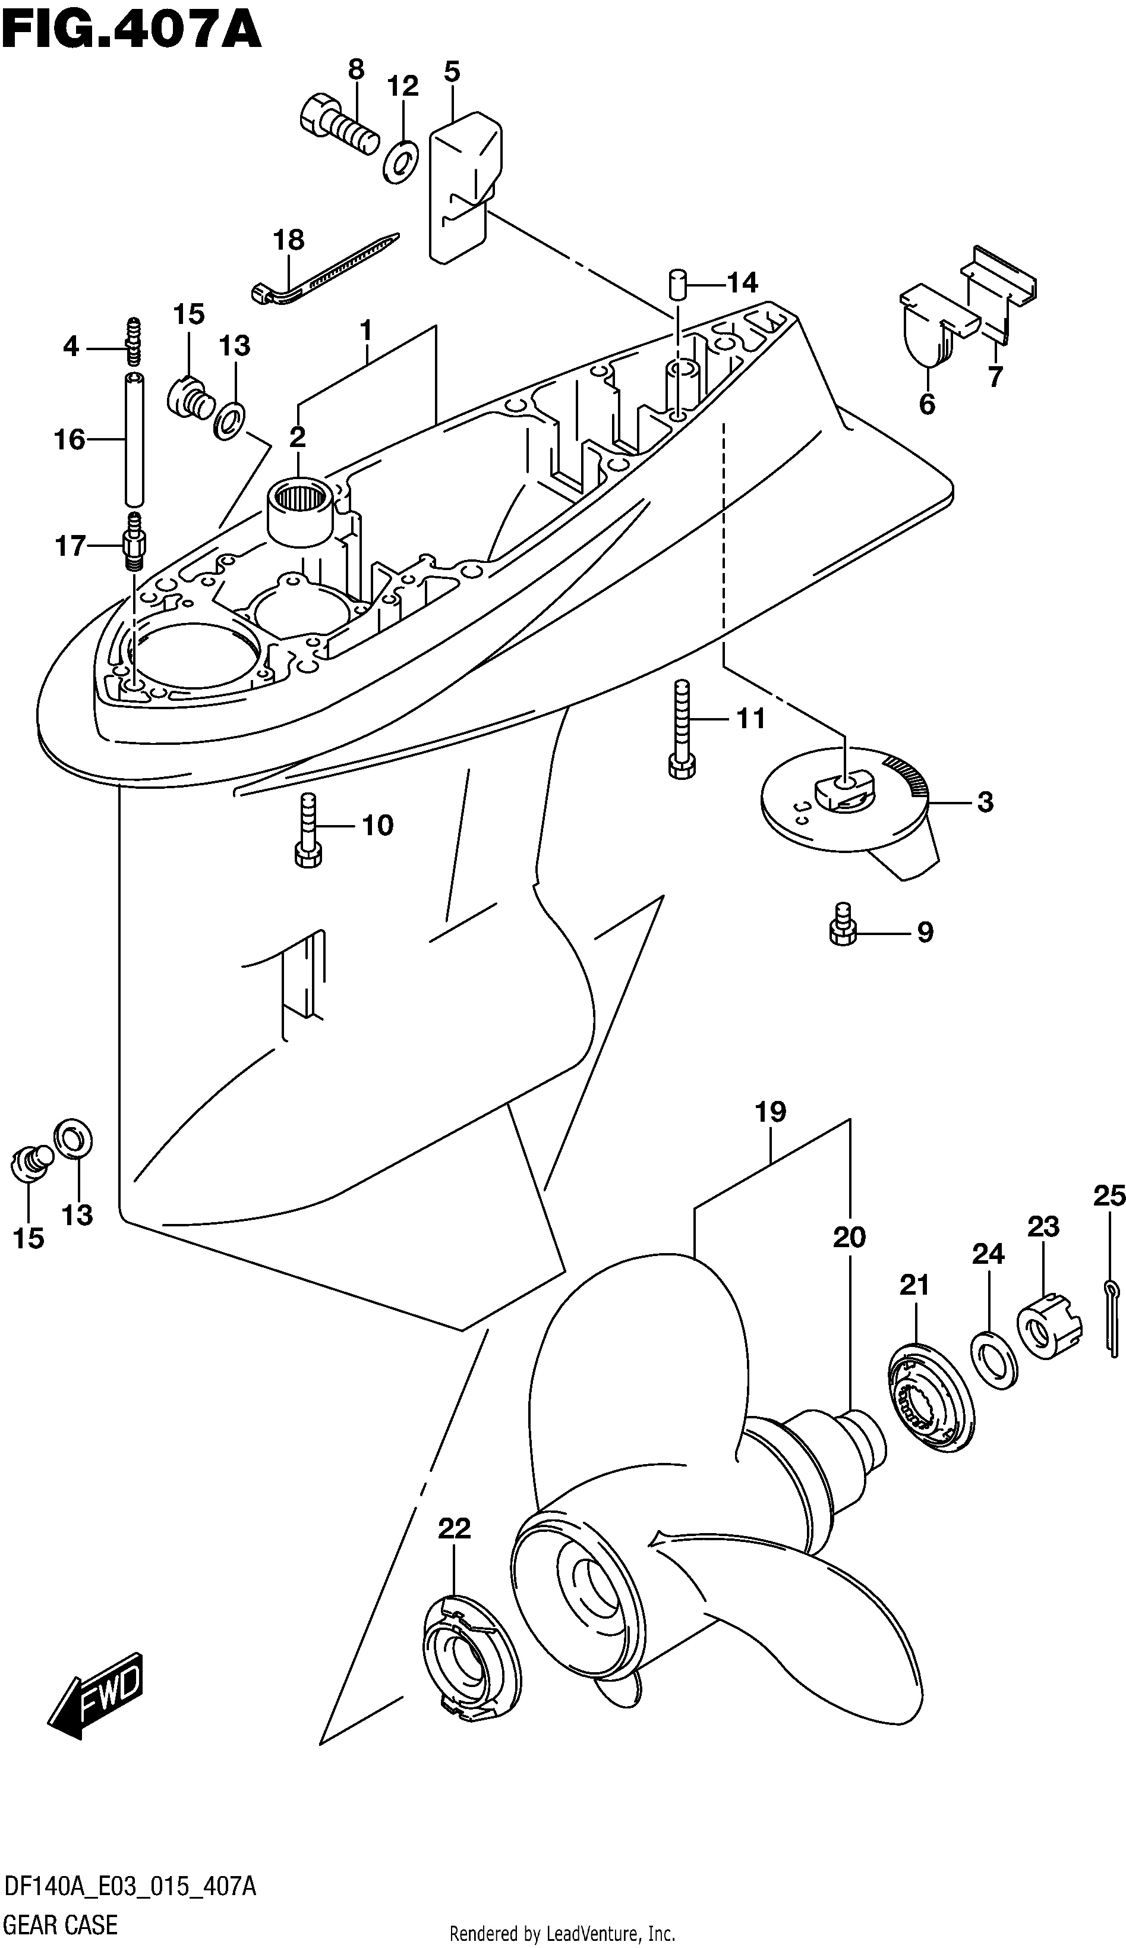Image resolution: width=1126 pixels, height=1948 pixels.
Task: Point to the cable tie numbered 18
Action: (x=324, y=268)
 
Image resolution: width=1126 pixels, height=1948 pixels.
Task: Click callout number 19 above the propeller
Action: (x=771, y=1112)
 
